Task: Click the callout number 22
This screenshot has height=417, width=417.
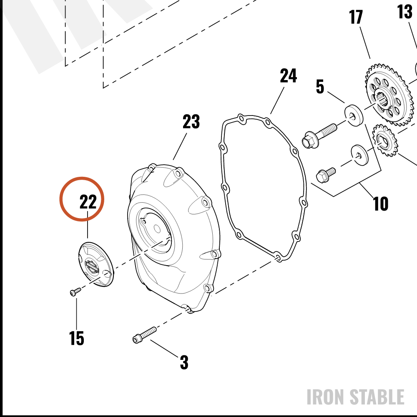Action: [88, 202]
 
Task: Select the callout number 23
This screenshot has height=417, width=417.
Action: [191, 121]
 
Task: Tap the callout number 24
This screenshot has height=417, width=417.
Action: [288, 76]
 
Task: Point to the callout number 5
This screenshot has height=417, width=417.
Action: [320, 86]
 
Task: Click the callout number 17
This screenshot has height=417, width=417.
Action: [356, 17]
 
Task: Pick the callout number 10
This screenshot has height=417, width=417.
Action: [381, 204]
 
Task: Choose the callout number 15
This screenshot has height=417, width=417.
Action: [77, 338]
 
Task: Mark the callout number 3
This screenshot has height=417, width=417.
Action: [184, 362]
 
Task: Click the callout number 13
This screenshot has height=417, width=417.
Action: [404, 12]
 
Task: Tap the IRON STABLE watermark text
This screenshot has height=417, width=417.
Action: [356, 397]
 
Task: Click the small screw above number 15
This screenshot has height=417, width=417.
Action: [75, 292]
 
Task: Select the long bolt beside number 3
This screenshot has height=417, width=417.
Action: [144, 335]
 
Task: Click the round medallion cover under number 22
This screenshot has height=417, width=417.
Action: [96, 264]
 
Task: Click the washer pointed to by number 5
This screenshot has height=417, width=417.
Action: [354, 115]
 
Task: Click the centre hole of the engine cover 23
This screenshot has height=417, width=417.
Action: [157, 229]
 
